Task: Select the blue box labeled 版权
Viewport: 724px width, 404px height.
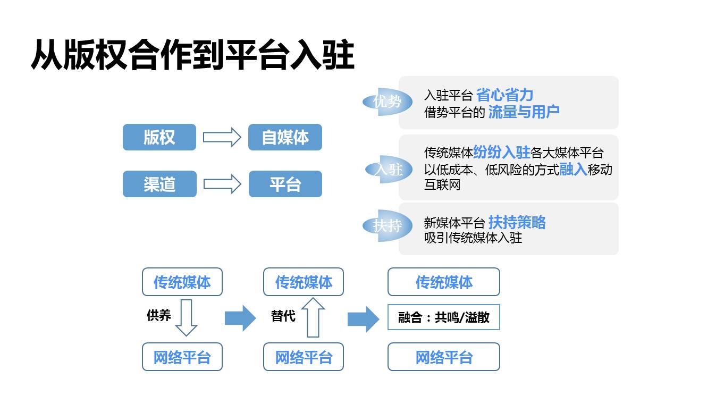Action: (159, 137)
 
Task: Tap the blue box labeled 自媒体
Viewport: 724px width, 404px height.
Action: (285, 137)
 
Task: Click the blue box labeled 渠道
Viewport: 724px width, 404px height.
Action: (159, 184)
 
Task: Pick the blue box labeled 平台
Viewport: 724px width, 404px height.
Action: (285, 184)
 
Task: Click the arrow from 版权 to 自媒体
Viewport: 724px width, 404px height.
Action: (222, 137)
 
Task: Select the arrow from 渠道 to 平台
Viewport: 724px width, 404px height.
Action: (222, 184)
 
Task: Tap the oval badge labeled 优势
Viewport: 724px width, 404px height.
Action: (387, 102)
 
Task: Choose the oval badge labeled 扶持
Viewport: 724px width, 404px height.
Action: (387, 225)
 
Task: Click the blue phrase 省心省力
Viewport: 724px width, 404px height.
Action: (504, 95)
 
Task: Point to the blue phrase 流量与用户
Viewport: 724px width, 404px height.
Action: (524, 112)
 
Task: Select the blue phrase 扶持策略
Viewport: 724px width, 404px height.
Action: (517, 222)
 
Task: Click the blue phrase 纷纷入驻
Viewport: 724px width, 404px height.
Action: (501, 153)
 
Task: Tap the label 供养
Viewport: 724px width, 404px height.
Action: (158, 315)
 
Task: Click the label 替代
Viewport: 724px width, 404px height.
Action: (283, 315)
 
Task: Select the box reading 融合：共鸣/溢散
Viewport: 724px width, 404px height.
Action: (444, 317)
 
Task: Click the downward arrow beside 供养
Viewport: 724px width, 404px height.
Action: (186, 317)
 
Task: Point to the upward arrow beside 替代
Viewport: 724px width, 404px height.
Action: (313, 317)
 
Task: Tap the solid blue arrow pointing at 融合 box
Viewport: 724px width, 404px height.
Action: (363, 319)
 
